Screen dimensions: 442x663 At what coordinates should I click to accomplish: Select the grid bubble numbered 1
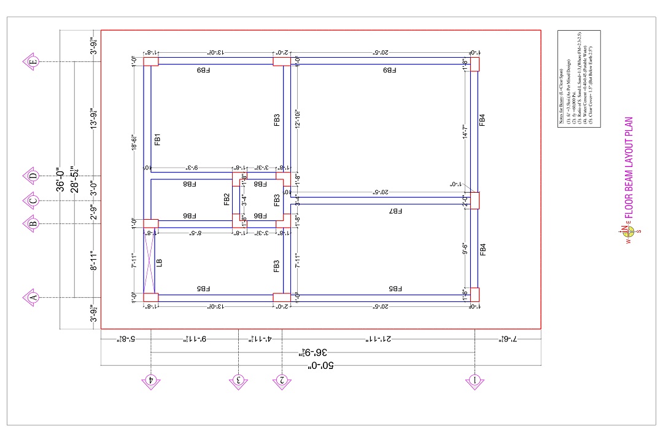[x=475, y=381]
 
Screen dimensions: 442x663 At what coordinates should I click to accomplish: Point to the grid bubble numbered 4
[x=150, y=381]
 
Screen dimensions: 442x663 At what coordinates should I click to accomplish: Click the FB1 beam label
[x=157, y=139]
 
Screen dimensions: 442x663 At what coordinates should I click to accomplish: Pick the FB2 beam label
[x=227, y=199]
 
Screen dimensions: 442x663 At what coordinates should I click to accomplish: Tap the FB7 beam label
[x=395, y=211]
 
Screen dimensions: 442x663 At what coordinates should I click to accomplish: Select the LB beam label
[x=160, y=263]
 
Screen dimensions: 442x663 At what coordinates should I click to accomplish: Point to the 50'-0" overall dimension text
[x=321, y=366]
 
